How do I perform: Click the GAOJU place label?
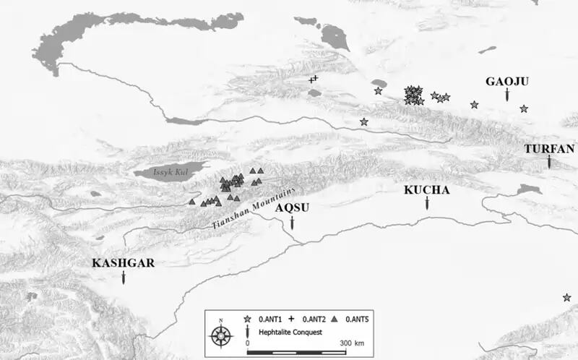tap(507, 82)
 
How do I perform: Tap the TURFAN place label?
tap(549, 149)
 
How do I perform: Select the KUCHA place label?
tap(427, 190)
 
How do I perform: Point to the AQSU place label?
tap(292, 207)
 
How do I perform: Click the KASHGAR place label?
tap(124, 262)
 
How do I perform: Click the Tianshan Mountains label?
tap(254, 209)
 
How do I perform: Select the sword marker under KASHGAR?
tap(124, 277)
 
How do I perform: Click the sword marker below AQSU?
tap(292, 222)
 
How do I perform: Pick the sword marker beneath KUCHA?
tap(427, 203)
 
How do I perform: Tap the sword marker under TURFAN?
tap(549, 162)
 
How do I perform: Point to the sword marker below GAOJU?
tap(507, 95)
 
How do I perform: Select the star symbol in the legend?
tap(247, 318)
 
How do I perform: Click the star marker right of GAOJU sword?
tap(524, 108)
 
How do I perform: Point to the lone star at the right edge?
tap(567, 297)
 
